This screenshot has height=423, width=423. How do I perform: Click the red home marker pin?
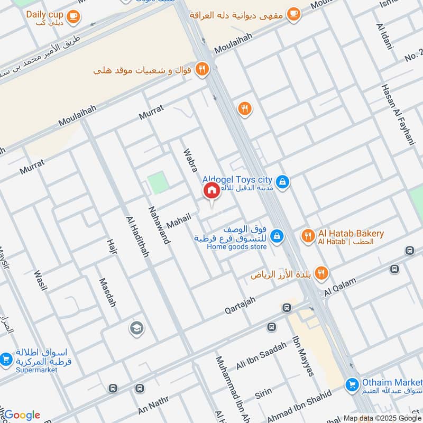click(x=211, y=190)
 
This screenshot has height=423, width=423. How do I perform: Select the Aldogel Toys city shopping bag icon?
click(x=283, y=182)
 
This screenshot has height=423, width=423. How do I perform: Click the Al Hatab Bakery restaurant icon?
click(x=307, y=236)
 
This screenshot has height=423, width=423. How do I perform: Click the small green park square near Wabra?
click(x=158, y=183)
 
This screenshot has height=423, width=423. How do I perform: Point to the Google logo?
click(x=22, y=415)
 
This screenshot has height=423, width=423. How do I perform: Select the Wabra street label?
click(x=191, y=160)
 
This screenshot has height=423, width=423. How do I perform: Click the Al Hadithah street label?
click(x=137, y=236)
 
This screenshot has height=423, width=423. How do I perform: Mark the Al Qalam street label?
click(x=341, y=287)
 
